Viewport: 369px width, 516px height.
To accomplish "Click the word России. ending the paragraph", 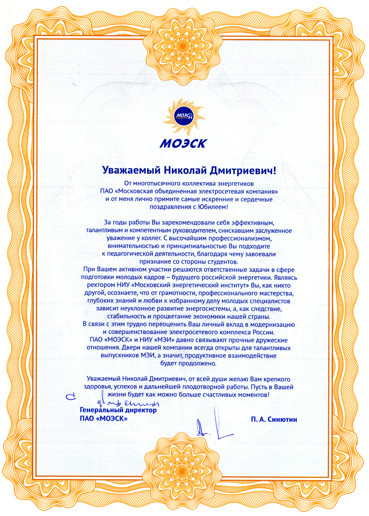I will pos(263,332).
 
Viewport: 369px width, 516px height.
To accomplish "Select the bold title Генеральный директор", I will pos(118,410).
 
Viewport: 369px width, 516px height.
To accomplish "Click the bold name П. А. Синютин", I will pos(274,419).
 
